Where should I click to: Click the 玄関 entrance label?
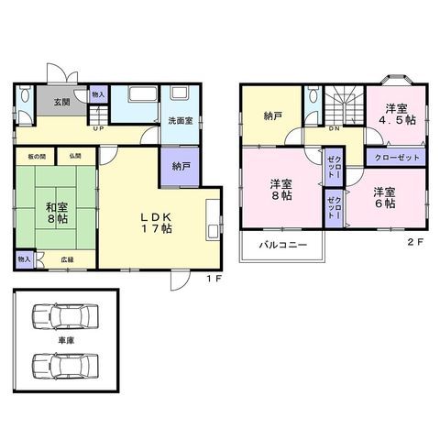[62, 102]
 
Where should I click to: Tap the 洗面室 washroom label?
[181, 121]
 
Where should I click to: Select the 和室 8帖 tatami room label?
[57, 213]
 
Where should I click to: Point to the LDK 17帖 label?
[156, 223]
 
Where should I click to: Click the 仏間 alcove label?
[75, 156]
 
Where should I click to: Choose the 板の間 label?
[37, 157]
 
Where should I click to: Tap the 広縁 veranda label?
[67, 259]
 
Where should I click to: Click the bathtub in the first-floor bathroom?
[143, 93]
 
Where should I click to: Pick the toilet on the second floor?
[313, 93]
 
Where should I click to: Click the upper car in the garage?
[66, 316]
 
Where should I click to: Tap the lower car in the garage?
[66, 366]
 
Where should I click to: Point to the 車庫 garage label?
[66, 340]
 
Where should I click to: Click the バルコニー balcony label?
[283, 245]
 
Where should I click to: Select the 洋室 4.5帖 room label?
[397, 115]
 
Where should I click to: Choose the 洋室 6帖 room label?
[385, 198]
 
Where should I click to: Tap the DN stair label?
[335, 128]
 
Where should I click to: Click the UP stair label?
[99, 128]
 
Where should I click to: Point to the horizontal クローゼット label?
[397, 158]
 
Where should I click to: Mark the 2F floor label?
[416, 242]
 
